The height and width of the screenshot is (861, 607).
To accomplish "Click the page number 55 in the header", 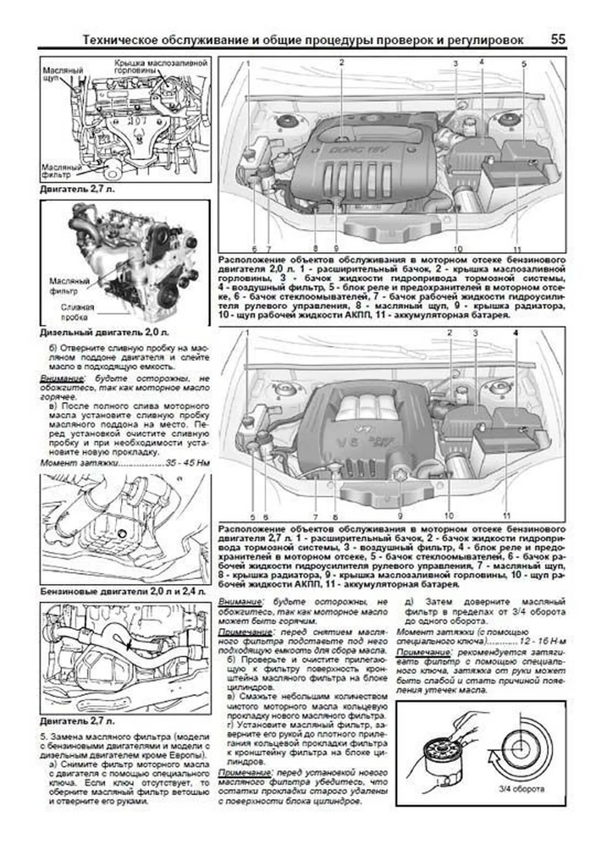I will (558, 39).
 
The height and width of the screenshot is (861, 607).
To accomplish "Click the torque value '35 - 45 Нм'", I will (185, 463).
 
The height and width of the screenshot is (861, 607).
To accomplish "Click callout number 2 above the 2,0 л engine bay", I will (341, 63).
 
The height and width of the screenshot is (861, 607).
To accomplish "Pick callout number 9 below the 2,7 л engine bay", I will (400, 516).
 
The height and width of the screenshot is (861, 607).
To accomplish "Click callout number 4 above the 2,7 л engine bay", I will (515, 333).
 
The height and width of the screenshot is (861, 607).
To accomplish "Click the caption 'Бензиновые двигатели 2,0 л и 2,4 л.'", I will (123, 592).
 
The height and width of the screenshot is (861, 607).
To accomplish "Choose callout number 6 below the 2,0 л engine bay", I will (254, 249).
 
